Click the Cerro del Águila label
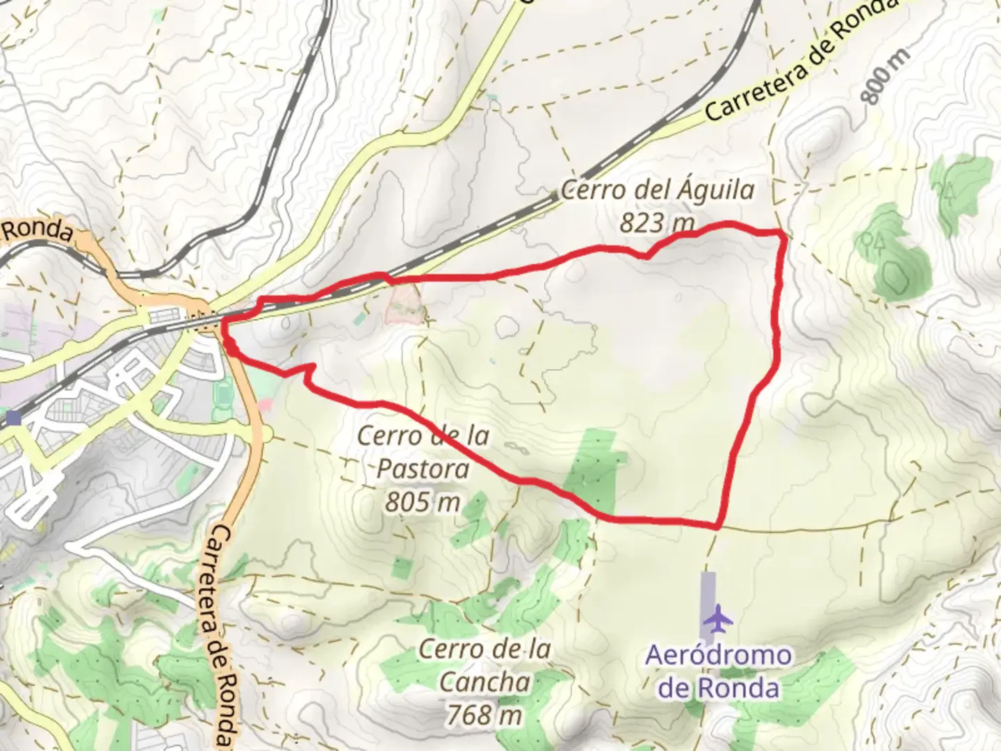point(657,189)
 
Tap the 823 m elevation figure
point(657,223)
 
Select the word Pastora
point(423,469)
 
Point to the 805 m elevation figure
point(423,501)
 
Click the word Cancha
point(485,681)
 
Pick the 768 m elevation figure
point(485,713)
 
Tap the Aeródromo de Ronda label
point(718,671)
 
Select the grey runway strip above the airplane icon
point(708,591)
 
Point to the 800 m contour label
point(885,76)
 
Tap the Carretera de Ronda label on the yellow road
point(799,66)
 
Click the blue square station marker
point(13,418)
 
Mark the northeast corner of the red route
point(785,235)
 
